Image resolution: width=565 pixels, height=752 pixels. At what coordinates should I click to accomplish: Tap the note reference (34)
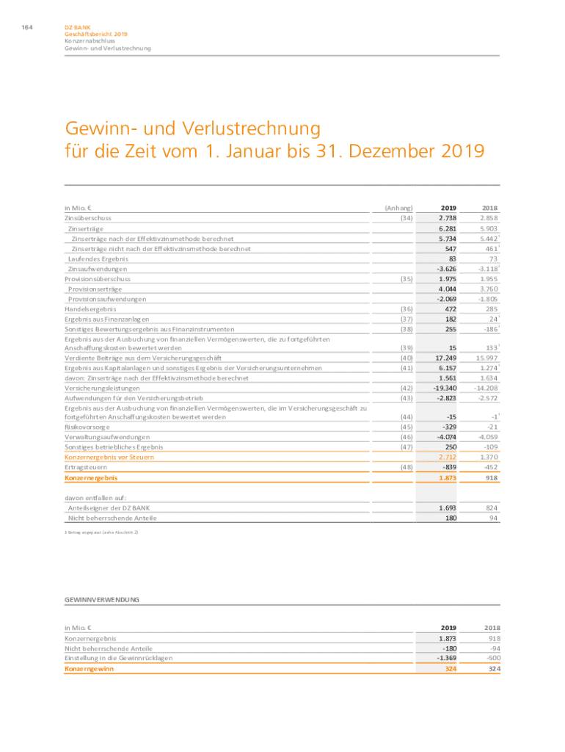pyautogui.click(x=405, y=218)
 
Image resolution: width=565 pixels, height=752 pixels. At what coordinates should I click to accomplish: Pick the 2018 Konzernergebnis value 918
pyautogui.click(x=492, y=478)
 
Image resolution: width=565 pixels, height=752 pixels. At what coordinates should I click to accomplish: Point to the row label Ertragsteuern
pyautogui.click(x=86, y=467)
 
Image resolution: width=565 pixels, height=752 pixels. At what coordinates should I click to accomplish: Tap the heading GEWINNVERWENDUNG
pyautogui.click(x=102, y=599)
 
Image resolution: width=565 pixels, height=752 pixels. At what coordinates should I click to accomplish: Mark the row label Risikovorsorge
pyautogui.click(x=88, y=426)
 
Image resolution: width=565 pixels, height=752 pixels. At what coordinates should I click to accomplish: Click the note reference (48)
pyautogui.click(x=405, y=467)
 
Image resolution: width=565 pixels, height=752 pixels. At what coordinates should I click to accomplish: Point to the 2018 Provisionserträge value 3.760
pyautogui.click(x=489, y=289)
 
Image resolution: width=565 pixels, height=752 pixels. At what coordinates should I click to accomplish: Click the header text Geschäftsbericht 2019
pyautogui.click(x=96, y=35)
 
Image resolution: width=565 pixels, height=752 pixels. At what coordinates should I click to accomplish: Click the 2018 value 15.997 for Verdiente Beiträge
pyautogui.click(x=487, y=357)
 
